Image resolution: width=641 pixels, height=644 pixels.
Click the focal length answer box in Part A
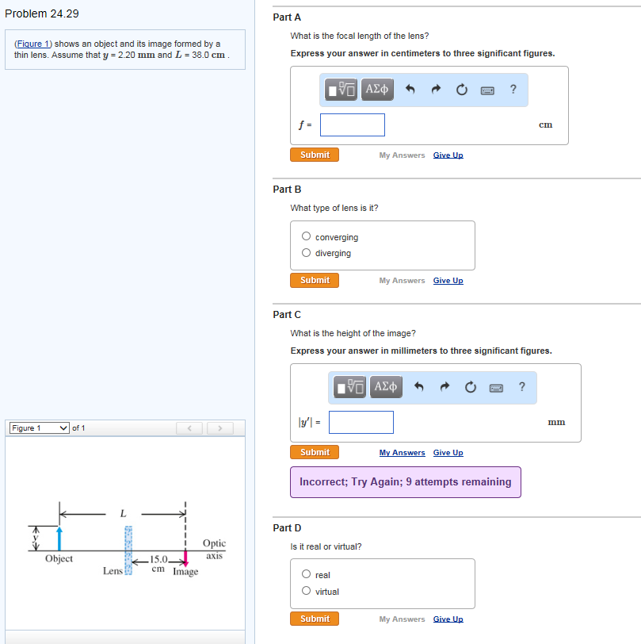pyautogui.click(x=353, y=125)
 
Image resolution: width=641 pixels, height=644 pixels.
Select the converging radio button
pyautogui.click(x=306, y=236)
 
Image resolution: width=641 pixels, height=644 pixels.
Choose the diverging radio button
pyautogui.click(x=306, y=253)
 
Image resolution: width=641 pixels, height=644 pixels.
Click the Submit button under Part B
pyautogui.click(x=315, y=280)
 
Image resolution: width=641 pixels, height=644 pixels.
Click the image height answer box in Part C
pyautogui.click(x=361, y=422)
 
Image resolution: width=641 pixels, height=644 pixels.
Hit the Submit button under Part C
pyautogui.click(x=315, y=452)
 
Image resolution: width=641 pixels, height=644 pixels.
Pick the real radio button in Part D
pyautogui.click(x=306, y=575)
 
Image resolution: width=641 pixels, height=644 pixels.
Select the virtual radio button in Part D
pyautogui.click(x=306, y=592)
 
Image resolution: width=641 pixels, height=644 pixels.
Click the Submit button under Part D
pyautogui.click(x=315, y=619)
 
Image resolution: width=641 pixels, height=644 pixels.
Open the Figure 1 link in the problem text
pyautogui.click(x=33, y=44)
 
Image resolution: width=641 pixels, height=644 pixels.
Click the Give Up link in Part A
pyautogui.click(x=448, y=155)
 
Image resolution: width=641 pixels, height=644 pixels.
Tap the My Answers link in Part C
pyautogui.click(x=402, y=453)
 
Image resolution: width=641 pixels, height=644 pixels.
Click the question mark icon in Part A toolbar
pyautogui.click(x=513, y=89)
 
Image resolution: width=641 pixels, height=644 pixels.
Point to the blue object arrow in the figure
pyautogui.click(x=59, y=537)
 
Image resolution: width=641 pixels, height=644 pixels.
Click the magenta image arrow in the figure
pyautogui.click(x=186, y=562)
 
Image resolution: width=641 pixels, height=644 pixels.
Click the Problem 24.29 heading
pyautogui.click(x=42, y=13)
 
